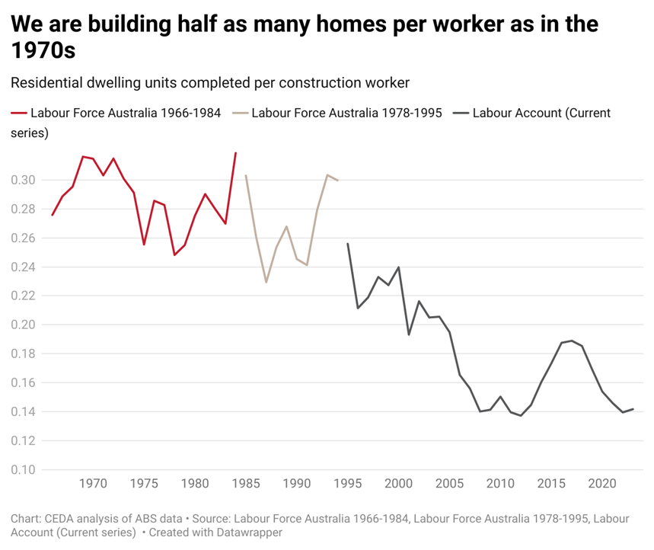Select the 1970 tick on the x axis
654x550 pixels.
click(x=93, y=484)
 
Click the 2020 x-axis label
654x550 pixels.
click(x=602, y=484)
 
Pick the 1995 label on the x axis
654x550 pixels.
click(x=347, y=484)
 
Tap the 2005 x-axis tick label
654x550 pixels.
click(x=449, y=484)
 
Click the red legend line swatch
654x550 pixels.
click(x=18, y=114)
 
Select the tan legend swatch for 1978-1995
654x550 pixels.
click(x=239, y=114)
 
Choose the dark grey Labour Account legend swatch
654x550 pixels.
click(x=461, y=114)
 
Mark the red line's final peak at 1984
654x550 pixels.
click(x=235, y=153)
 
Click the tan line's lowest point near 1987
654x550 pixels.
click(x=266, y=282)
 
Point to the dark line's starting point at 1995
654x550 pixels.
click(x=347, y=244)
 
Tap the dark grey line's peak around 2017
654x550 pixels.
click(x=572, y=341)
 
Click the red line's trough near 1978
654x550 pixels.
click(x=174, y=254)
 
